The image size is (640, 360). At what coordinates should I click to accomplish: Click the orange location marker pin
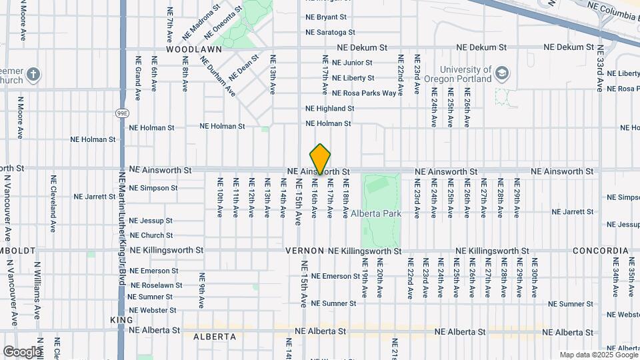(x=321, y=159)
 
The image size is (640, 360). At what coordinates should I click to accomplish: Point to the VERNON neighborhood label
(x=305, y=251)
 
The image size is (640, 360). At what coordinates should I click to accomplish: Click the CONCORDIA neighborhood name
(x=600, y=251)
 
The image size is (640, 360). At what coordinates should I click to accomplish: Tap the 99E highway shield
(x=122, y=113)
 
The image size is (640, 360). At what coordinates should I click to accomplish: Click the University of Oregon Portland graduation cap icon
(x=502, y=73)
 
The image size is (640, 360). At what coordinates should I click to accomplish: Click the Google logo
(x=22, y=351)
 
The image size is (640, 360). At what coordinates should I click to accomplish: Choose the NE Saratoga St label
(x=330, y=32)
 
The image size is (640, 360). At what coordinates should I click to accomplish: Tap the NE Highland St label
(x=329, y=108)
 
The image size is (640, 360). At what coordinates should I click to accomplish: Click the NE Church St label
(x=151, y=235)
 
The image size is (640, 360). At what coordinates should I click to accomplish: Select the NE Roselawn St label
(x=155, y=285)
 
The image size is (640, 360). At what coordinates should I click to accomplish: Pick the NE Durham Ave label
(x=217, y=76)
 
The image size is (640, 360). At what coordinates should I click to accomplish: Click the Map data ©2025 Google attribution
(x=598, y=355)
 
